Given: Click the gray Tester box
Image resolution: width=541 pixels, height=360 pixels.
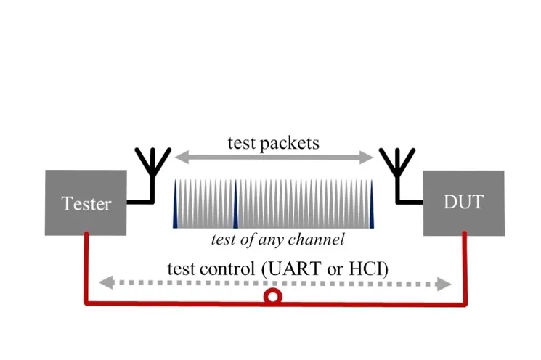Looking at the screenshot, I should [x=86, y=202].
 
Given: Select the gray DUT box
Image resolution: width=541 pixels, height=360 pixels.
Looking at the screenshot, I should [x=463, y=202].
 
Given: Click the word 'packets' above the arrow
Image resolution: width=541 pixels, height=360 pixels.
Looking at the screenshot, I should [x=290, y=142].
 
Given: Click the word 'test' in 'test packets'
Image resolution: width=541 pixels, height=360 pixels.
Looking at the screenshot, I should [x=242, y=142].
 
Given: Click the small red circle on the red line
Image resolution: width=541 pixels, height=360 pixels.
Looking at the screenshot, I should [x=272, y=296].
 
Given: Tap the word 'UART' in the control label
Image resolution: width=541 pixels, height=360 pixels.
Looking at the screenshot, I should [x=293, y=268].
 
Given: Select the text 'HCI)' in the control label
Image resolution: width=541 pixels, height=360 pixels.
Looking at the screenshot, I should [x=370, y=268].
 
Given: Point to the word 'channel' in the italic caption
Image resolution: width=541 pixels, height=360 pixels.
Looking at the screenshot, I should [x=317, y=239].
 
